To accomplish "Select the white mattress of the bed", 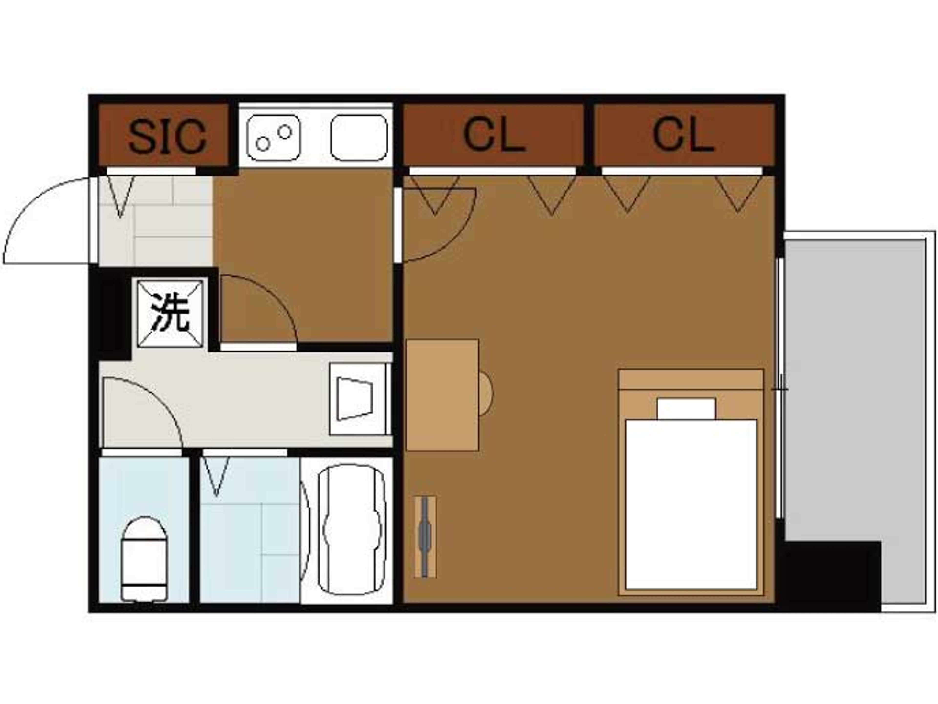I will point(691,505).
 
